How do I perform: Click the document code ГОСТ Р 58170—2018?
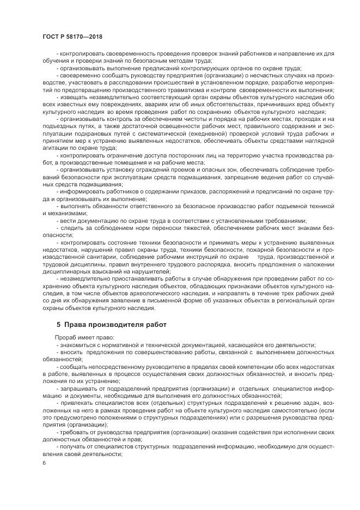pyautogui.click(x=71, y=37)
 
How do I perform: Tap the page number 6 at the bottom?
pyautogui.click(x=43, y=463)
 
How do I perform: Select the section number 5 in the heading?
pyautogui.click(x=58, y=325)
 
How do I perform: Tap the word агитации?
pyautogui.click(x=54, y=148)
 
